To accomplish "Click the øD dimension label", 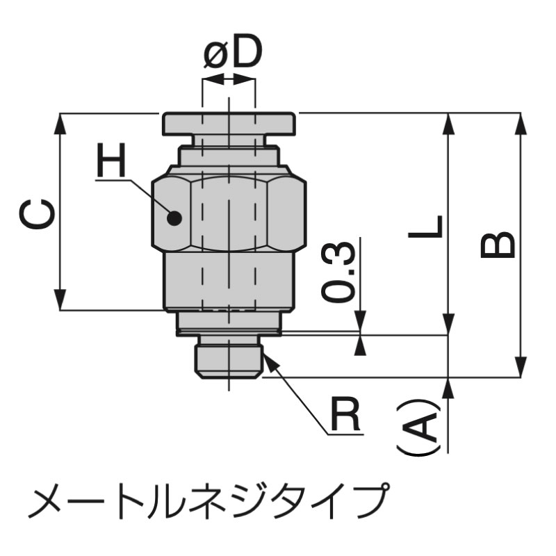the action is click(x=233, y=51).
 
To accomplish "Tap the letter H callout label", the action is click(x=112, y=161).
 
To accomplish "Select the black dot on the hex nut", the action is click(x=174, y=218).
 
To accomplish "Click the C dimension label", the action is click(x=37, y=214).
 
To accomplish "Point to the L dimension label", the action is click(x=426, y=227).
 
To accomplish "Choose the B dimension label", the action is click(x=497, y=245).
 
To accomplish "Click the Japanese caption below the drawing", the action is click(x=206, y=500).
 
